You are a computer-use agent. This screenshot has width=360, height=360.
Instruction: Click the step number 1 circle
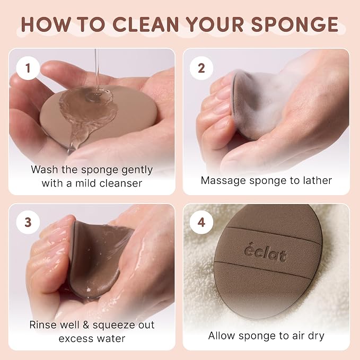pyautogui.click(x=28, y=68)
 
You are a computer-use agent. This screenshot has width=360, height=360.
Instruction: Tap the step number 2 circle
pyautogui.click(x=201, y=68)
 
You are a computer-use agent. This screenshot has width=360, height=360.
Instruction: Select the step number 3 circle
pyautogui.click(x=28, y=222)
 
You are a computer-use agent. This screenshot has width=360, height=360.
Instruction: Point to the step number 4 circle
pyautogui.click(x=201, y=222)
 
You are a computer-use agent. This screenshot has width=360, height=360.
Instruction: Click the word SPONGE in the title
pyautogui.click(x=295, y=24)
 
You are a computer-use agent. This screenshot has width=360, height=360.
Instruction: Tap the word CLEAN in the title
pyautogui.click(x=146, y=24)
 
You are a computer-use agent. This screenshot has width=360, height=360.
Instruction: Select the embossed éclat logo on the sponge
pyautogui.click(x=265, y=252)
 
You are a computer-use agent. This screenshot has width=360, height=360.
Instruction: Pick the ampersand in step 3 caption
pyautogui.click(x=86, y=325)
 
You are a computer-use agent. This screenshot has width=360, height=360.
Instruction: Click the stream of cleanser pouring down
pyautogui.click(x=97, y=71)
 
